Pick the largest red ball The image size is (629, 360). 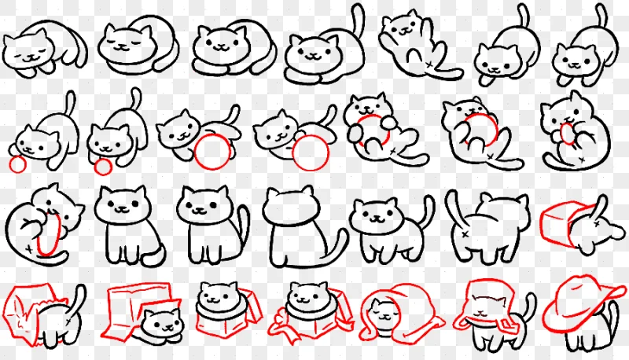click(311, 152)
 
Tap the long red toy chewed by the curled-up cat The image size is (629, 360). click(49, 232)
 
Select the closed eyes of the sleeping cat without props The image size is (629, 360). click(126, 37)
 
